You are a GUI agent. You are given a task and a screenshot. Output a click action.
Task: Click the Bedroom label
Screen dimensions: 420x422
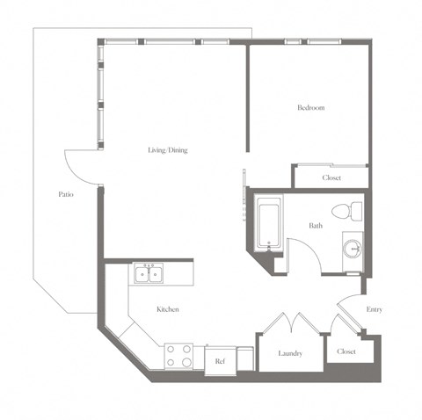311,108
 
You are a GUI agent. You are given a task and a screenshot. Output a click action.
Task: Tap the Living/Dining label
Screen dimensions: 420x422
167,150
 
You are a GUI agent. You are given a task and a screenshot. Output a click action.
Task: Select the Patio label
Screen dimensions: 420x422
65,194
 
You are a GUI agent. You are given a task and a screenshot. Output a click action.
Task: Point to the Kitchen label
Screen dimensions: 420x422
169,309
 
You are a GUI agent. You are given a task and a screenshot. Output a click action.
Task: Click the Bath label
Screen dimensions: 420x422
315,226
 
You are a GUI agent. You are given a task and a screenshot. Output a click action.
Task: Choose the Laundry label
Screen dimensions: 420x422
290,353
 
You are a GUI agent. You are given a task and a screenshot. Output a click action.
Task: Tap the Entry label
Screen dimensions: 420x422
375,309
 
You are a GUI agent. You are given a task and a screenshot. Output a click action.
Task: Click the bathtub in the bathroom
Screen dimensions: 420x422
268,222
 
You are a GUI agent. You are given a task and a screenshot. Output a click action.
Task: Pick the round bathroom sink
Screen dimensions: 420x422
353,247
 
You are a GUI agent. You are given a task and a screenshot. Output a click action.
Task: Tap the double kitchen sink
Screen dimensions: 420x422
149,275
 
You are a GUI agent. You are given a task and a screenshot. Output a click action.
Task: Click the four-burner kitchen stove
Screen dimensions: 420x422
179,355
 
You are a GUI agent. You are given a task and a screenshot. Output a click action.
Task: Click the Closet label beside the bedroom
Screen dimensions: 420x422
331,177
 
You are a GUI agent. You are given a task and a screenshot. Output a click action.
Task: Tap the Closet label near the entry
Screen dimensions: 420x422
346,351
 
